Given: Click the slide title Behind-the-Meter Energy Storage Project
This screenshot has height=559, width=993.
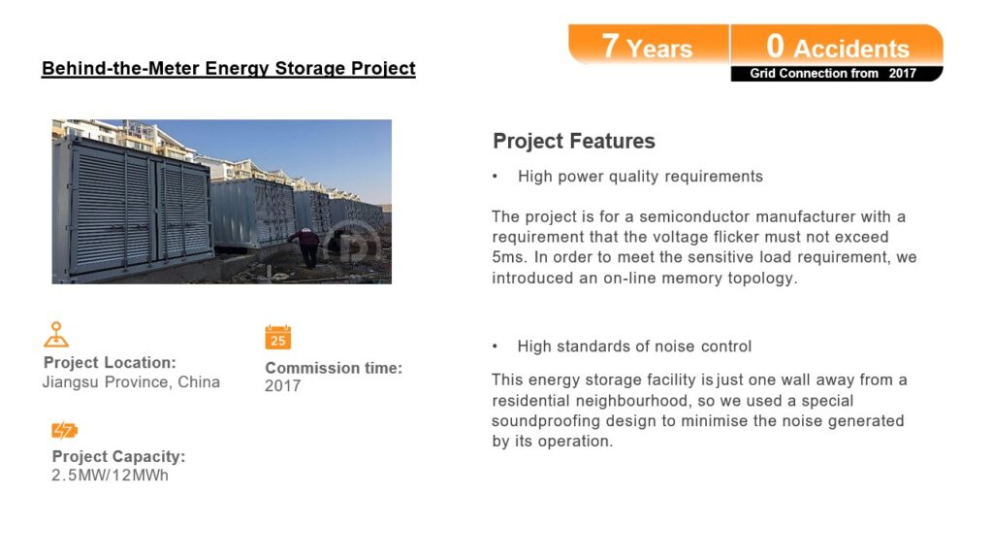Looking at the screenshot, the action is point(229,68).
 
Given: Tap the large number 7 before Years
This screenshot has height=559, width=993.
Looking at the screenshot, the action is point(611,46).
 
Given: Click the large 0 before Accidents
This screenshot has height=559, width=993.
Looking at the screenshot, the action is point(775,46).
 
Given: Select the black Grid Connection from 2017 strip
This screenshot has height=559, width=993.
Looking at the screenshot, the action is point(836,74).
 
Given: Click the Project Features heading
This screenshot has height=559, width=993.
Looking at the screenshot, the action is point(574,141).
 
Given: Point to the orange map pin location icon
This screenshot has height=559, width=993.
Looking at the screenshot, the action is point(56,335).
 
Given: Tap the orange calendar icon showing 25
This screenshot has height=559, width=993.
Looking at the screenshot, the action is point(278,337).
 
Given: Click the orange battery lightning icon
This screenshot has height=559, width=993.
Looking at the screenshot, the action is point(64,431).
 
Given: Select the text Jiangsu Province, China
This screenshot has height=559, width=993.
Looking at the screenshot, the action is point(131,382).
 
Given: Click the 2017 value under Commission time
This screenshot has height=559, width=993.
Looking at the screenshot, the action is point(282,386).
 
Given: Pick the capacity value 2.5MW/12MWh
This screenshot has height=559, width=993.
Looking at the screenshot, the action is point(111,476).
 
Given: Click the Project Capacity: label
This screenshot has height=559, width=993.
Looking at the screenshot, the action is point(118,456).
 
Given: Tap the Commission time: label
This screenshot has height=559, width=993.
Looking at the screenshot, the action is point(334,368).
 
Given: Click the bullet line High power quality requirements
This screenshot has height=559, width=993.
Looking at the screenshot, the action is point(640,177).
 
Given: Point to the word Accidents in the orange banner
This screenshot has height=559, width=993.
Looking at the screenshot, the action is point(851,49).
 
